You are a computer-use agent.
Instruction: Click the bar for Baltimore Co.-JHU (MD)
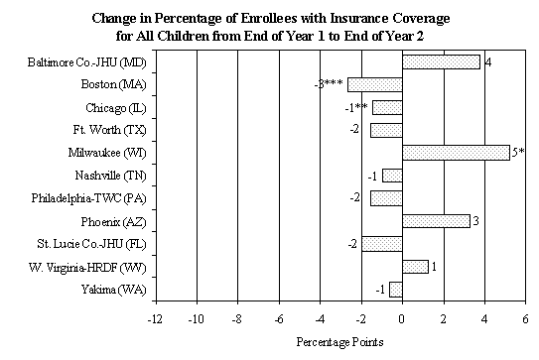441,61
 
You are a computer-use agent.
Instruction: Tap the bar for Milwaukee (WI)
456,152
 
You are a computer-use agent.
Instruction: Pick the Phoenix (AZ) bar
436,220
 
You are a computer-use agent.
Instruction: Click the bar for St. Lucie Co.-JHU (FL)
381,243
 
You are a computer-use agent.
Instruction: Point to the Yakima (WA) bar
395,289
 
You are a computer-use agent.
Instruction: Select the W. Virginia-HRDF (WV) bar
415,266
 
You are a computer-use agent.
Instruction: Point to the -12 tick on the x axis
155,319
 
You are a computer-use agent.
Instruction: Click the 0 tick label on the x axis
402,319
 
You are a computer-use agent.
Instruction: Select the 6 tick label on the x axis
526,319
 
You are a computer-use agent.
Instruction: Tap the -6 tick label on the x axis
278,319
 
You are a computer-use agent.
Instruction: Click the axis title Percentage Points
338,342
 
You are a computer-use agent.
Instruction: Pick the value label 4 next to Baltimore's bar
488,61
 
